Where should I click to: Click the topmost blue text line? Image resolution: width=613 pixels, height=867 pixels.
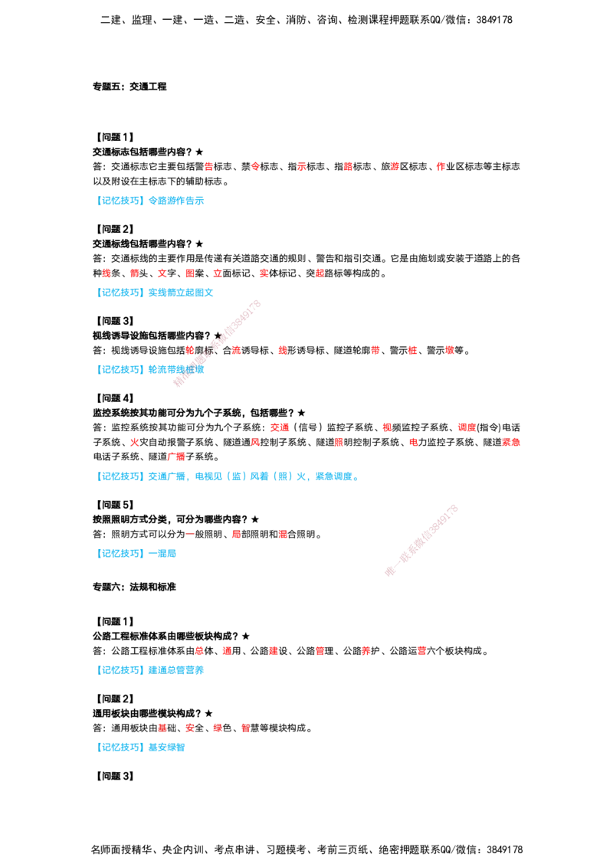pos(152,201)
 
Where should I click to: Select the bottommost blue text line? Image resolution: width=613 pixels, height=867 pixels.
pos(143,748)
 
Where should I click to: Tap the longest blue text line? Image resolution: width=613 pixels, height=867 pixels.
pos(228,477)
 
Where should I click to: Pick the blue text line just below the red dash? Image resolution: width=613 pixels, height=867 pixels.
pos(138,552)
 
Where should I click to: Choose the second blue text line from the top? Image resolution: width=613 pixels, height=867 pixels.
pos(156,293)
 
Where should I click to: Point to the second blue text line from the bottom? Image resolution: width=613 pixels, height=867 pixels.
pos(152,669)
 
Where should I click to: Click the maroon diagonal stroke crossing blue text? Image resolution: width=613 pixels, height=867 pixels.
pos(218,344)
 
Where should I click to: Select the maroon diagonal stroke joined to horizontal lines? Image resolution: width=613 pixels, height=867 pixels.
pos(422,540)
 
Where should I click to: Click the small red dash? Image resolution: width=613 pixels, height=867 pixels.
pos(189,535)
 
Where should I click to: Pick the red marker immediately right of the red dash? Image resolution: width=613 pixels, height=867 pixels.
pos(235,535)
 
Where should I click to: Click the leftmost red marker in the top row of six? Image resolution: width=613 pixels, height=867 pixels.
pos(208,165)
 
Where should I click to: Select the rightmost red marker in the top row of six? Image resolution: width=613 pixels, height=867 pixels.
pos(441,165)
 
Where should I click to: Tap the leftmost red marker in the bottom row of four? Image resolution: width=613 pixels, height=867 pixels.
pos(162,728)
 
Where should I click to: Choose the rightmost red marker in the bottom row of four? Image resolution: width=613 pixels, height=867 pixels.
pos(244,728)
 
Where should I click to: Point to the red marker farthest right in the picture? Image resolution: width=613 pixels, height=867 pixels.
pos(511,442)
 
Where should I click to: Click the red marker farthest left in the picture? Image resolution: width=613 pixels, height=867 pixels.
pos(107,273)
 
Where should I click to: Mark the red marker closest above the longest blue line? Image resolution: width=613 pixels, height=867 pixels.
pos(177,457)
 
